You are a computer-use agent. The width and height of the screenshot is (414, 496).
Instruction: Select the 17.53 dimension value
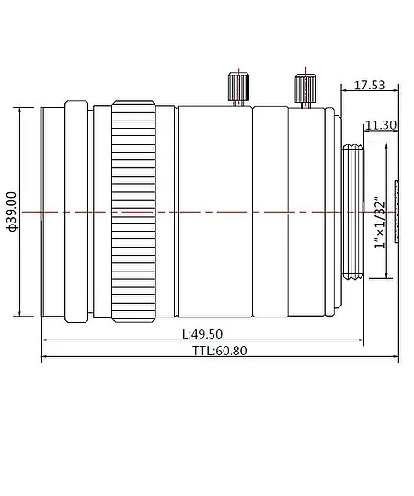370,86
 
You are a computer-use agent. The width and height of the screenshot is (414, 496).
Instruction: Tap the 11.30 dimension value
381,125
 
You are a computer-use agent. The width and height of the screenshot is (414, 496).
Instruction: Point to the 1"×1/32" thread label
380,222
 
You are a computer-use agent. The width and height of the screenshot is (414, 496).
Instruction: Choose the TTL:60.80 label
220,351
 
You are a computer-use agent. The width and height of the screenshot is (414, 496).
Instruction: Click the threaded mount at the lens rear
352,212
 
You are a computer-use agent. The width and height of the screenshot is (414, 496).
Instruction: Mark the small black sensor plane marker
397,213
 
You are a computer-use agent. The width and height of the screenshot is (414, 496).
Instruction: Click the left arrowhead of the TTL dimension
45,358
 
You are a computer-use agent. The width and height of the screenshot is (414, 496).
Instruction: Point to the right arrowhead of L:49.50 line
337,341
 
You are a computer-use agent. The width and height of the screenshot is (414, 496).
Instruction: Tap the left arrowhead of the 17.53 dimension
342,93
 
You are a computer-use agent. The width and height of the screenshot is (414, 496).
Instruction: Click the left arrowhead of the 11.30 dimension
366,133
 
